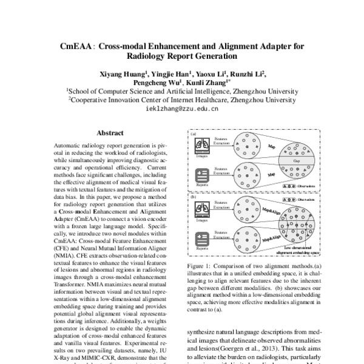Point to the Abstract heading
click(110, 133)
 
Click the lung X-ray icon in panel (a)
click(203, 144)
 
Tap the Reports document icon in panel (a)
click(203, 174)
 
